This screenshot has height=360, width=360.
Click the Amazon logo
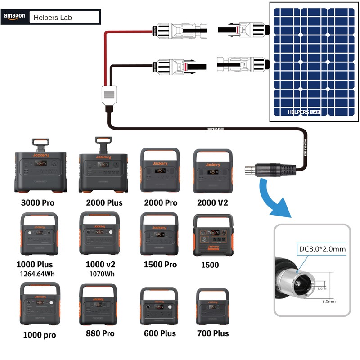pyautogui.click(x=14, y=17)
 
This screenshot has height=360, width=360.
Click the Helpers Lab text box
pyautogui.click(x=64, y=18)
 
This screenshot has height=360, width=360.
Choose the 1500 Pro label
pyautogui.click(x=160, y=265)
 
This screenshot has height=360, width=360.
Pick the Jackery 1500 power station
pyautogui.click(x=213, y=234)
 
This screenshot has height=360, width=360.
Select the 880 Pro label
pyautogui.click(x=100, y=333)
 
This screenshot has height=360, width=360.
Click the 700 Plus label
pyautogui.click(x=213, y=333)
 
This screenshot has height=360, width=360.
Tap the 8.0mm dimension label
pyautogui.click(x=329, y=301)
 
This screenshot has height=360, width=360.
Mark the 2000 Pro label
pyautogui.click(x=160, y=202)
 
